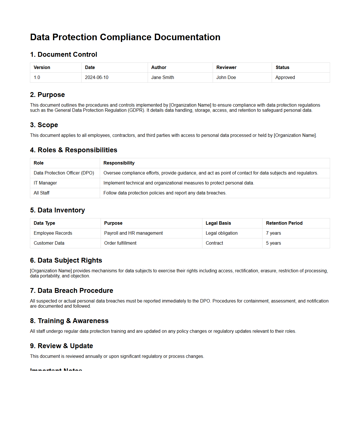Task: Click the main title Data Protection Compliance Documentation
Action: coord(125,37)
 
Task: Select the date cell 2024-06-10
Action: coord(97,78)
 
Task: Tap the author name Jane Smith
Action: coord(162,78)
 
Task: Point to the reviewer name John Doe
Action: coord(226,78)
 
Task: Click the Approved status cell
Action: coord(285,78)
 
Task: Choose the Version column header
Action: coord(42,68)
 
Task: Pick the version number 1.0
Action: coord(37,78)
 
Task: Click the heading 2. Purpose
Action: coord(47,95)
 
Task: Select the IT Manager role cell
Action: coord(45,183)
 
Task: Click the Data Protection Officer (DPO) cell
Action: coord(64,173)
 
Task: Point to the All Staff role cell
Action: coord(42,193)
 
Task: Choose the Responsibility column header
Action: coord(119,163)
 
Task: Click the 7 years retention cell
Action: coord(273,233)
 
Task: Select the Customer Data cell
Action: coord(49,243)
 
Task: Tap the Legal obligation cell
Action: coord(221,233)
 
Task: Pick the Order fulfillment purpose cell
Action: coord(120,243)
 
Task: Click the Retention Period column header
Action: coord(284,223)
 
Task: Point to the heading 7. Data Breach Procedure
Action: coord(72,291)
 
